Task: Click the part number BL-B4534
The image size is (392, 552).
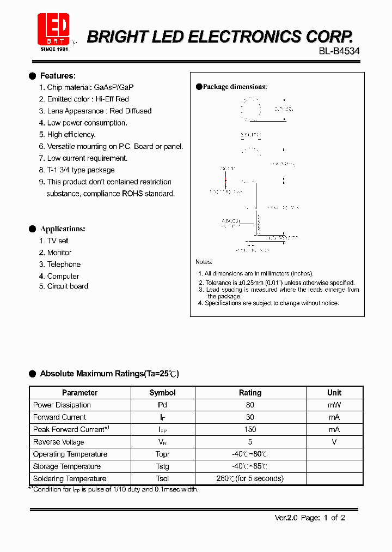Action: click(x=339, y=51)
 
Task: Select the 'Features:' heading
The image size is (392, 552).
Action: click(x=58, y=76)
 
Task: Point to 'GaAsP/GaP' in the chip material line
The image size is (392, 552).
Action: click(x=114, y=87)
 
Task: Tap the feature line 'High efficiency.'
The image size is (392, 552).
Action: click(x=71, y=134)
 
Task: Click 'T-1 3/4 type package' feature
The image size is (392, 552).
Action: click(x=81, y=170)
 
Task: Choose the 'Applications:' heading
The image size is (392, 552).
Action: click(x=63, y=229)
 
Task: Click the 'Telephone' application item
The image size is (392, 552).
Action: click(x=64, y=264)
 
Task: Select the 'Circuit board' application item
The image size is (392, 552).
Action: click(x=68, y=286)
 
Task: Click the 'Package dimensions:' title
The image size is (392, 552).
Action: click(x=235, y=87)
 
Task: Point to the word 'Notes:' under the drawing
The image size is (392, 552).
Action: click(x=204, y=262)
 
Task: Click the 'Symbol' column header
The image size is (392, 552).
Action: click(x=162, y=393)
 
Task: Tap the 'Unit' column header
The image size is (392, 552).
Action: click(x=334, y=393)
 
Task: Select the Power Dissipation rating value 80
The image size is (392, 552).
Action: click(x=250, y=405)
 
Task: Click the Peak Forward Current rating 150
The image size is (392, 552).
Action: click(x=250, y=429)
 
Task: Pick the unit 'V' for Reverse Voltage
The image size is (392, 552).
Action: click(x=334, y=442)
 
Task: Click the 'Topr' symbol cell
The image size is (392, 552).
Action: click(x=162, y=454)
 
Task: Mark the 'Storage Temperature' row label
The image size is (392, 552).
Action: click(x=67, y=466)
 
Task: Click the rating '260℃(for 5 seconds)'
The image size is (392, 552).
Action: click(x=250, y=478)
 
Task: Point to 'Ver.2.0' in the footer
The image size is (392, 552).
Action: click(x=286, y=518)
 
